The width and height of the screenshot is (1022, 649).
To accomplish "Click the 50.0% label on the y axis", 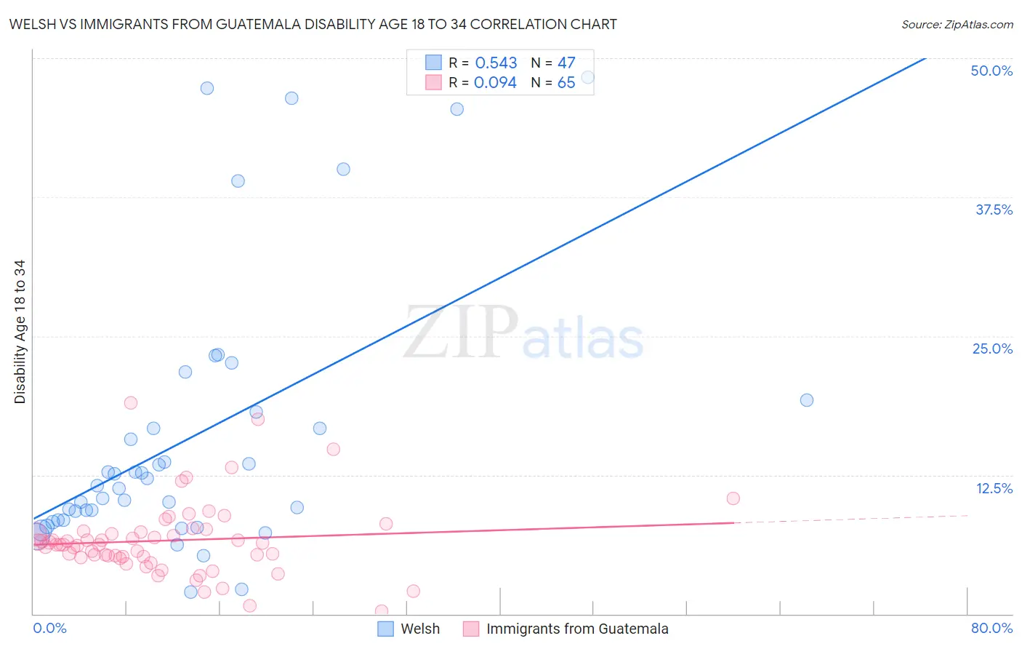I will click(991, 71).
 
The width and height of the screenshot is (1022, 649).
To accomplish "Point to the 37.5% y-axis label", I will click(994, 210).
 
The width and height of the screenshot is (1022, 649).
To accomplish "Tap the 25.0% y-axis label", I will click(992, 349).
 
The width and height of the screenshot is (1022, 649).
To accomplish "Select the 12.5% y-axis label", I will click(994, 488).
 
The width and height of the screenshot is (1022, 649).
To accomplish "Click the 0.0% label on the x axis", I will click(49, 628).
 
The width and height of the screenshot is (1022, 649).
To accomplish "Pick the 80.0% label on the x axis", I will click(991, 628).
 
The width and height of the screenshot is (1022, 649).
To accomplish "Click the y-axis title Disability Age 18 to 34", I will click(20, 332).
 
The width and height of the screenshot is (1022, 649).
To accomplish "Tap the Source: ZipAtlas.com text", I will click(957, 24).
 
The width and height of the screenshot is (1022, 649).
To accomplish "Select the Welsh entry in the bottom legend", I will click(420, 629).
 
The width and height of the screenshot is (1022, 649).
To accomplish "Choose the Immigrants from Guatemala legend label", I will click(577, 629).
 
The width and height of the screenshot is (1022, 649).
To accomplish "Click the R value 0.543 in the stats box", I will click(496, 63).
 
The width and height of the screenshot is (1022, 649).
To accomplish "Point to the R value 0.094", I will click(495, 83).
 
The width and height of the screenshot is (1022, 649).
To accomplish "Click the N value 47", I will click(566, 63).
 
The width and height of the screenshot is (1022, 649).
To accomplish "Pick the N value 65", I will click(566, 83).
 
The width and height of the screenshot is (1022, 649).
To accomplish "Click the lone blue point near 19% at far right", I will click(806, 400).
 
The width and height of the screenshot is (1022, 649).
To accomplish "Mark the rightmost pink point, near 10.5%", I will click(733, 498).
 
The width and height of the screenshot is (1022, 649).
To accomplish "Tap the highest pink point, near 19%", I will click(131, 403).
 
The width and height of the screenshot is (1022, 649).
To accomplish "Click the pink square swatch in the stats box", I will click(433, 82).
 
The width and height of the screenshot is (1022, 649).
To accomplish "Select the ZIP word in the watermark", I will click(461, 333).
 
